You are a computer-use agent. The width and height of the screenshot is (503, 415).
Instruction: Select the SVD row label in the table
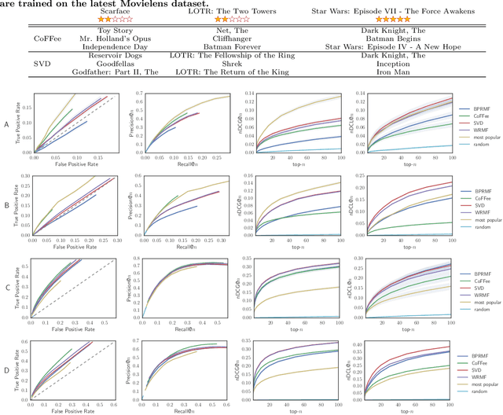(x=42, y=64)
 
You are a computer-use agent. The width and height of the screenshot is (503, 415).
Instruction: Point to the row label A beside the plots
(x=7, y=123)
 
